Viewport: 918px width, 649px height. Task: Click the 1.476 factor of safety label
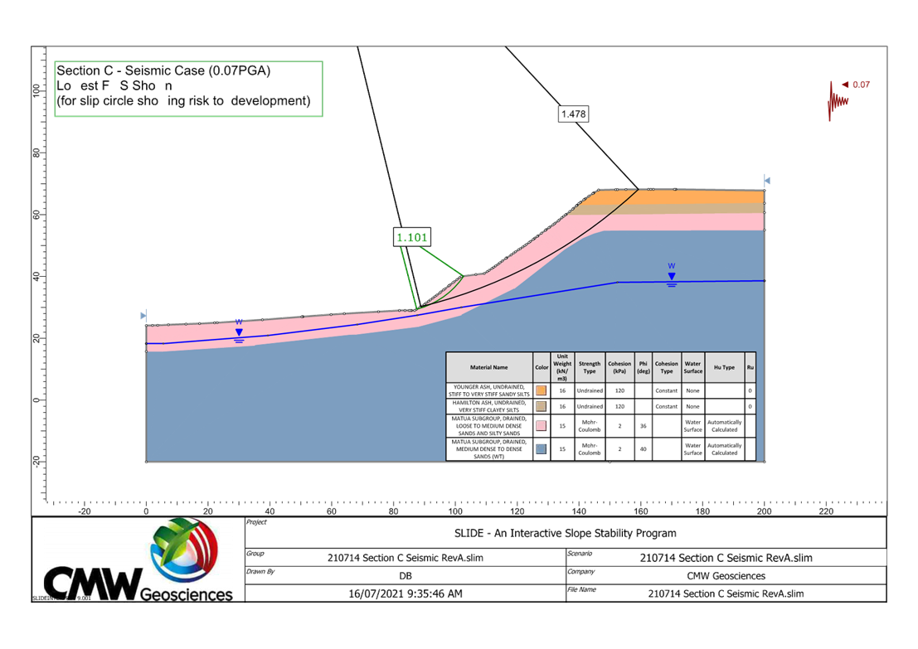tap(573, 114)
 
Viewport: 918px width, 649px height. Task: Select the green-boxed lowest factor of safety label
tap(412, 238)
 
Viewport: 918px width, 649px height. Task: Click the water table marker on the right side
tap(672, 277)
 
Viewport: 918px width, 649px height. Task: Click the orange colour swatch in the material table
tap(542, 390)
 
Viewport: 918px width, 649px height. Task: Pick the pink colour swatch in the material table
tap(542, 426)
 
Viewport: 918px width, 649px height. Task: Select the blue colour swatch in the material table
tap(542, 449)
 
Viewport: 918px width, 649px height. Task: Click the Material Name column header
tap(489, 367)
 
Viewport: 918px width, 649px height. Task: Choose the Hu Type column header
tap(723, 367)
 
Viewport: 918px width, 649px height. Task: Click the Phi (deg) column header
tap(643, 367)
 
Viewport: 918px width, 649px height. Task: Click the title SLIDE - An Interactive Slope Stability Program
tap(566, 533)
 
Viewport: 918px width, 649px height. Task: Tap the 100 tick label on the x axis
tap(454, 512)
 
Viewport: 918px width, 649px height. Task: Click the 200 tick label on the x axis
tap(763, 512)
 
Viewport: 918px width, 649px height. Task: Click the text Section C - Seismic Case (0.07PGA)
tap(163, 71)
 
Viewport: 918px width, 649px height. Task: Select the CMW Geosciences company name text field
tap(726, 575)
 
